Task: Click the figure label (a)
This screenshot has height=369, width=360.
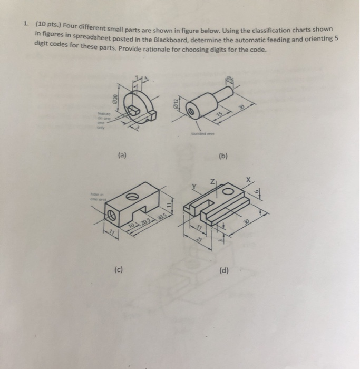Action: click(122, 156)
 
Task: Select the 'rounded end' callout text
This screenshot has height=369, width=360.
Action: click(204, 133)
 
